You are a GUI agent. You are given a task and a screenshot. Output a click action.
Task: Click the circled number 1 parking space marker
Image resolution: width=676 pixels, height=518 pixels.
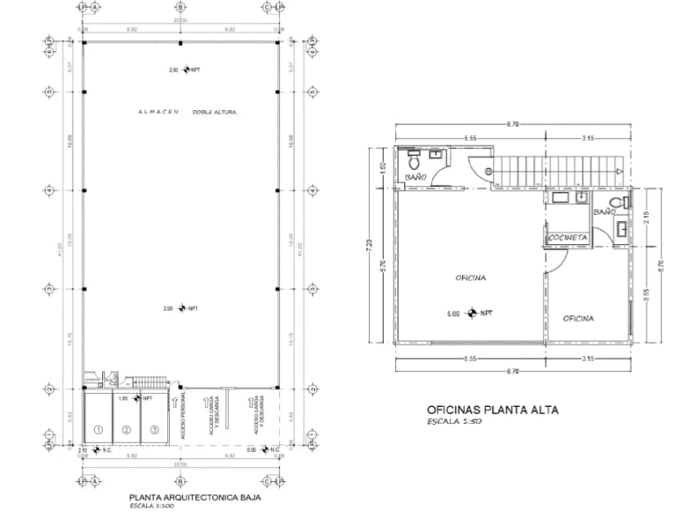(97, 430)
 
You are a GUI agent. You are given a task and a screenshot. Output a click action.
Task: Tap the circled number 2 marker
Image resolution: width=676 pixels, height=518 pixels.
(127, 430)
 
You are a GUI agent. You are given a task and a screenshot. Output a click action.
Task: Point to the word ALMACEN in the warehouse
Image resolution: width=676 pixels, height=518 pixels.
(158, 111)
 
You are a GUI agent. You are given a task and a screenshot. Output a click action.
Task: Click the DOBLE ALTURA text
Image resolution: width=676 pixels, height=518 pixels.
(214, 111)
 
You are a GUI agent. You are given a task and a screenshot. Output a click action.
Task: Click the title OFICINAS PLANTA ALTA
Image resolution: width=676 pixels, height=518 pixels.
(493, 410)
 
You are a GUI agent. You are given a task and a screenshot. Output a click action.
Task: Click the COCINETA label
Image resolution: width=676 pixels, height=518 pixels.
(567, 238)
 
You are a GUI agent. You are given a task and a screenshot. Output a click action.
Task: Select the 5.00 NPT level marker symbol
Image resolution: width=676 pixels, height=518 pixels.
(473, 313)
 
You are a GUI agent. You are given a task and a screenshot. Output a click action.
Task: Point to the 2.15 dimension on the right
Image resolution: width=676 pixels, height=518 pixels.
(646, 218)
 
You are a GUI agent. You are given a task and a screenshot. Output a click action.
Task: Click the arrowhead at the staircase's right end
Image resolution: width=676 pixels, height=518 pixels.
(620, 171)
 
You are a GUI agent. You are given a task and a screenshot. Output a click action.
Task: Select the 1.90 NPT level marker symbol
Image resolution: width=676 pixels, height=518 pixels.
(136, 399)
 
